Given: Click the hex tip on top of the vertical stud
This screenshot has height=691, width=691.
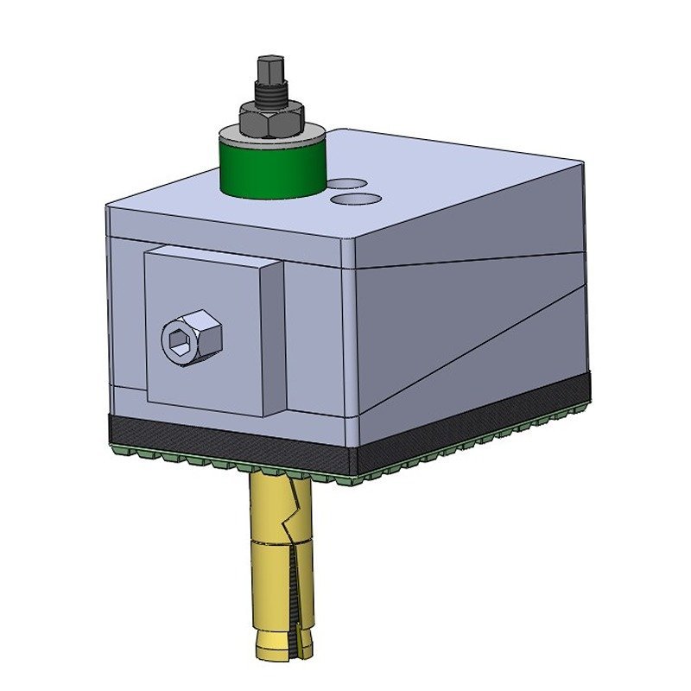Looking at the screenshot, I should point(269,68).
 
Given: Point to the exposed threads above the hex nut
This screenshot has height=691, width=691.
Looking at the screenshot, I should point(270,94).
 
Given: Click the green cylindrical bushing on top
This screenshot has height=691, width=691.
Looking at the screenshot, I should point(269,168).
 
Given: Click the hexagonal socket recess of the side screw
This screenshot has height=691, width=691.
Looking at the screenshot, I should point(180,343).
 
